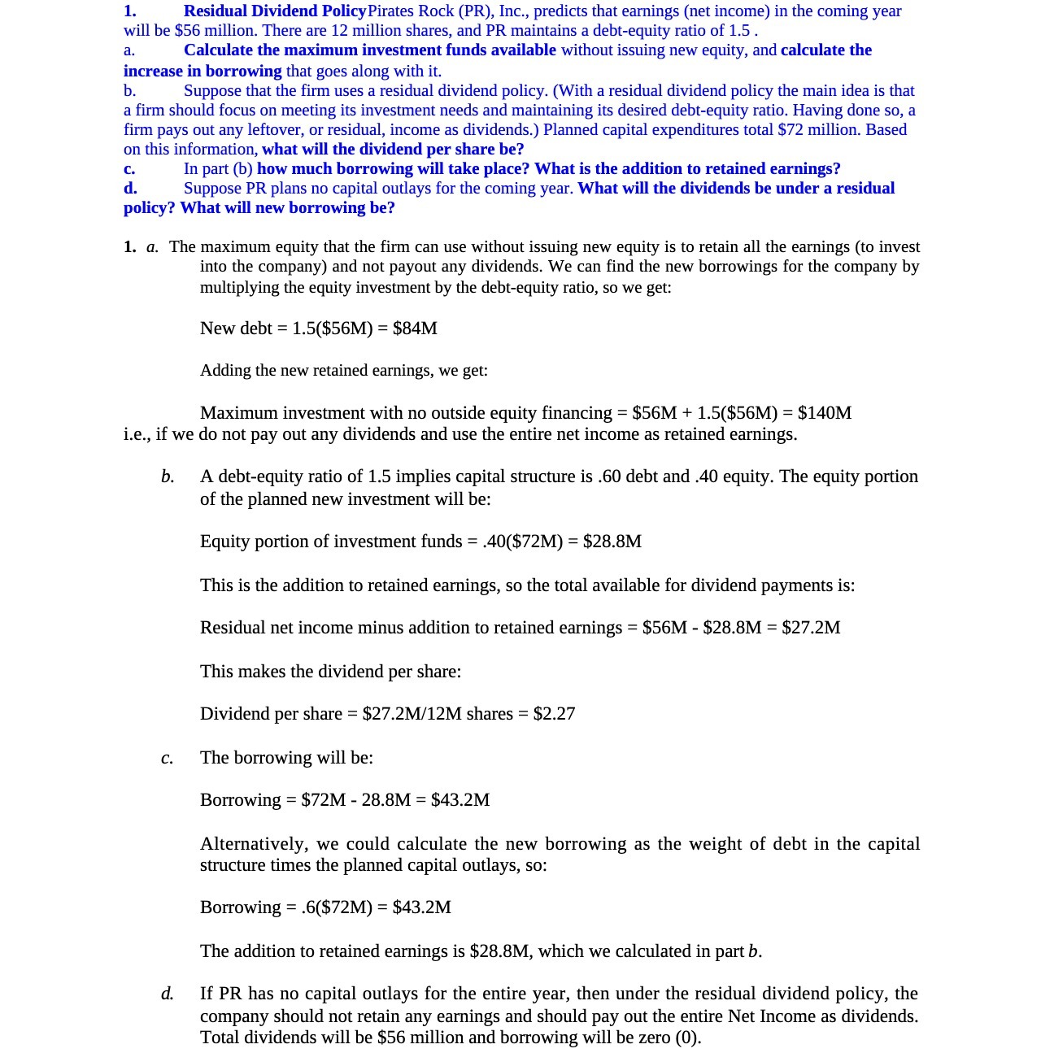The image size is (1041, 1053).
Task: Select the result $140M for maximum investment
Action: tap(825, 413)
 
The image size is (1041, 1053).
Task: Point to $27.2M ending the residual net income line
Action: tap(811, 628)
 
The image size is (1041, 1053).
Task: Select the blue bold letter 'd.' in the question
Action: tap(130, 189)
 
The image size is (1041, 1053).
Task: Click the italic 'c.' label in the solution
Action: tap(167, 759)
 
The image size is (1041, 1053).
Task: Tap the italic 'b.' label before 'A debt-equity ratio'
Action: tap(168, 477)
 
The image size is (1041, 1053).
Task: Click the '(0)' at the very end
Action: tap(688, 1038)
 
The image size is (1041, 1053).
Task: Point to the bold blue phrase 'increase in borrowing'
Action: tap(203, 72)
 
